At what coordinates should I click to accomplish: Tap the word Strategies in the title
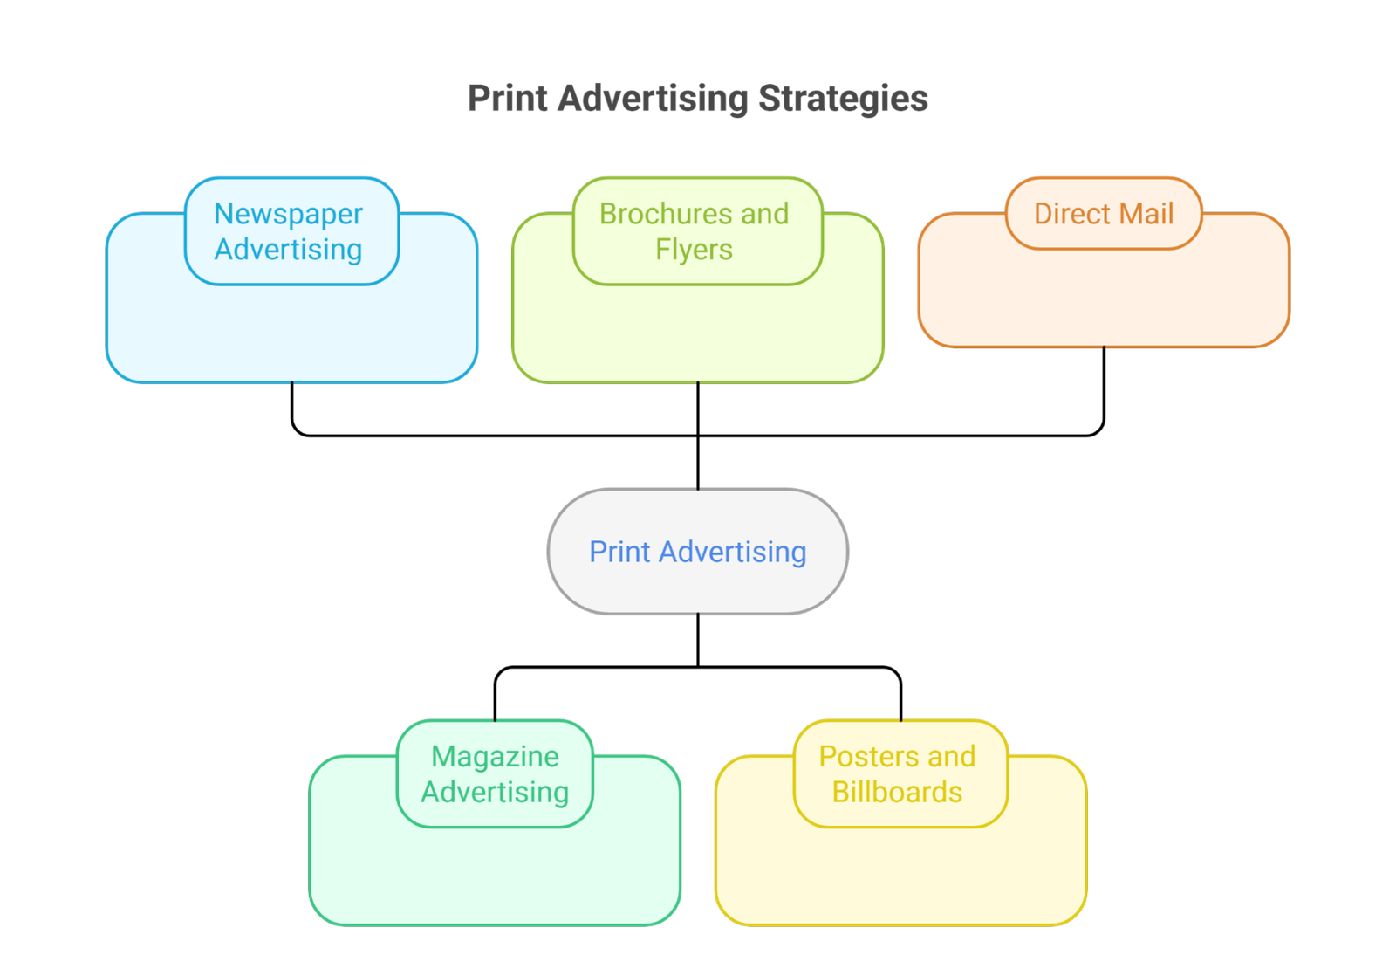pos(842,98)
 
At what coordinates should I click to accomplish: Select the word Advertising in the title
pos(653,98)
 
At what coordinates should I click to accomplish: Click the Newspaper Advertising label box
pos(291,230)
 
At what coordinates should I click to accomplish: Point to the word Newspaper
pos(288,214)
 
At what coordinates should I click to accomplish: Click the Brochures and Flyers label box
pos(697,230)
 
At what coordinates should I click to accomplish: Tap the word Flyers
pos(694,250)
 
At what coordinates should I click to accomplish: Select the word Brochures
pos(650,214)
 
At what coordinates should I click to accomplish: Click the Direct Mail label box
pos(1104,213)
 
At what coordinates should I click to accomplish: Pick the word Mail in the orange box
pos(1145,214)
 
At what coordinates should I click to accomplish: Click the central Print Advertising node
pos(697,551)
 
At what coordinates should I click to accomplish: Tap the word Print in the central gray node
pos(619,552)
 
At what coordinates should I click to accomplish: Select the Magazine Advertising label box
pos(495,773)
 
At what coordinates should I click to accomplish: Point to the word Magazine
pos(495,756)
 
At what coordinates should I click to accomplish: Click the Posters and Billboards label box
pos(900,773)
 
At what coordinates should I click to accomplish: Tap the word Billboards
pos(897,792)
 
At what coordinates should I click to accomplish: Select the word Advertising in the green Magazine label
pos(495,792)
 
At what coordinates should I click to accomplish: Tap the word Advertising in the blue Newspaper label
pos(288,250)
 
